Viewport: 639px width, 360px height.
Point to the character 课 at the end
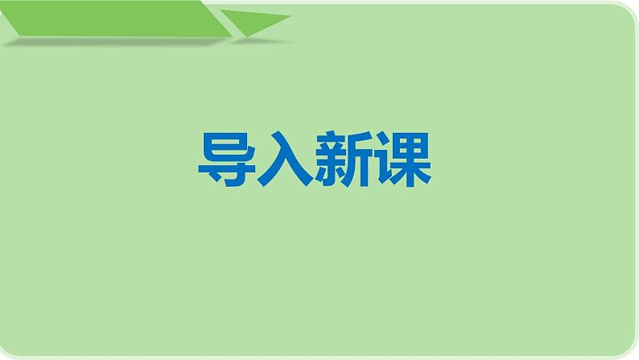pos(402,160)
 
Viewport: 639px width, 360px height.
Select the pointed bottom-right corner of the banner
pos(230,35)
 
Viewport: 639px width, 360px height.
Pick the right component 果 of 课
pos(411,160)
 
